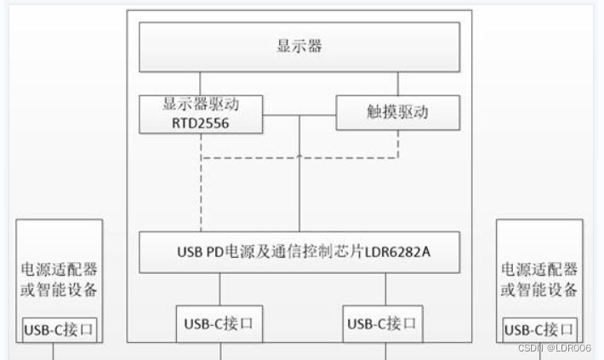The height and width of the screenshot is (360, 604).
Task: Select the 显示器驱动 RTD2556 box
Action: coord(202,113)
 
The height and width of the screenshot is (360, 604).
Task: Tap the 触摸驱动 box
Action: coord(397,112)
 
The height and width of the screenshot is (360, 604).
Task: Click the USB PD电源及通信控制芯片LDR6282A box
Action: coord(299,252)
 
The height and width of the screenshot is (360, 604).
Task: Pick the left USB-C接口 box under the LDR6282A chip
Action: coord(219,323)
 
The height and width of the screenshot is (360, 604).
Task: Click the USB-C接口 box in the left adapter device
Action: coord(59,329)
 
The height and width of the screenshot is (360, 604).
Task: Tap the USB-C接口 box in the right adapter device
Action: coord(539,329)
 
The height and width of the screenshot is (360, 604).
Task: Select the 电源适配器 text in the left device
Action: coord(59,270)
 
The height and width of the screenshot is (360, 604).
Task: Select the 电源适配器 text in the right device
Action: coord(539,270)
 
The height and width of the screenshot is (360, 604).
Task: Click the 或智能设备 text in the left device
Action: coord(59,289)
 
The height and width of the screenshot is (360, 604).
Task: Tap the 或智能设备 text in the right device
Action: coord(539,289)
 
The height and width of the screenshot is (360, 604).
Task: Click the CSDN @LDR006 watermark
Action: coord(553,348)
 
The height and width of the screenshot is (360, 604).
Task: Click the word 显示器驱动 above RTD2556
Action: coord(202,104)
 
